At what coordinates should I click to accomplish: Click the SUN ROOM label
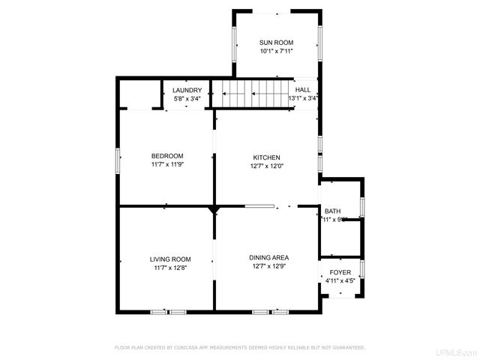[276, 43]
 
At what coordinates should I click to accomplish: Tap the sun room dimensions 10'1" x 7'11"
[276, 52]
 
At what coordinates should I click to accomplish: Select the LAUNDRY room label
[187, 90]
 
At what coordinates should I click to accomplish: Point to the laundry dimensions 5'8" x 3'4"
[187, 98]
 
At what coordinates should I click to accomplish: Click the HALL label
[303, 90]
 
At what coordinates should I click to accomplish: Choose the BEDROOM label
[167, 156]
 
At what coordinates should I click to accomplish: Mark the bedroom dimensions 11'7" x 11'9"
[167, 164]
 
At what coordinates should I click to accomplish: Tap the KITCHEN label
[266, 157]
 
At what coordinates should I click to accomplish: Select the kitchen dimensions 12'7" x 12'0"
[266, 166]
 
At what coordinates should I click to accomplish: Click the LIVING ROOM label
[169, 259]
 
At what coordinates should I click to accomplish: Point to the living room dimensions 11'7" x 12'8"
[169, 268]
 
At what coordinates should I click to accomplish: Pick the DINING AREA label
[266, 257]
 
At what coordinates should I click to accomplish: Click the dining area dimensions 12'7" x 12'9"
[266, 266]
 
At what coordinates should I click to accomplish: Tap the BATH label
[332, 211]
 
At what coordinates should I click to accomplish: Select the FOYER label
[340, 272]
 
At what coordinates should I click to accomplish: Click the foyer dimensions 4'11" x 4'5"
[340, 281]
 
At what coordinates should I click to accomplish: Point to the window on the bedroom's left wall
[118, 161]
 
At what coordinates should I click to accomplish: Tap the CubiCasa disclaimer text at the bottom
[239, 348]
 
